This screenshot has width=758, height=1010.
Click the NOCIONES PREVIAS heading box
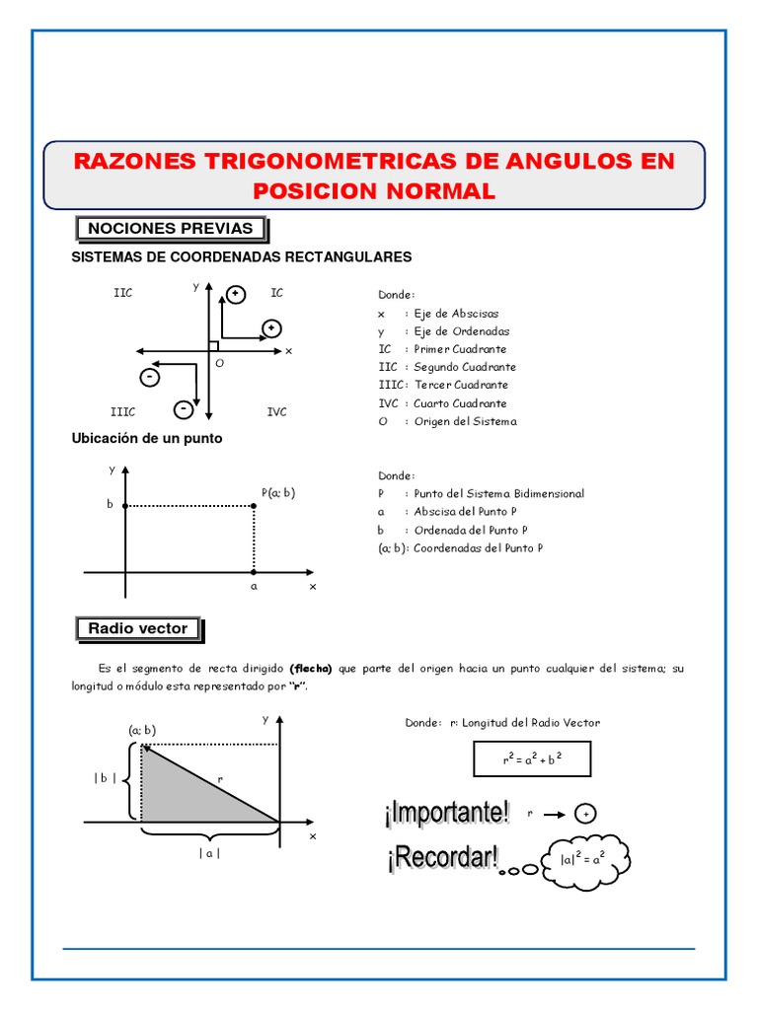(x=171, y=229)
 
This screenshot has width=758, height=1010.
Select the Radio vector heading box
(x=138, y=628)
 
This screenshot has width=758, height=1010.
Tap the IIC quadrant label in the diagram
(x=123, y=293)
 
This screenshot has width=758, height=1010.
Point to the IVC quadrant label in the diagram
(x=276, y=411)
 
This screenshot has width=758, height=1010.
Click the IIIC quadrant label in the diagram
(x=122, y=411)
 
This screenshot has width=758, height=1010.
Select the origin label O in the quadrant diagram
(x=219, y=363)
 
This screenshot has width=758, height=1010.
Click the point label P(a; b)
(x=278, y=492)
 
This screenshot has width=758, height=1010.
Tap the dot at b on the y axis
(x=125, y=505)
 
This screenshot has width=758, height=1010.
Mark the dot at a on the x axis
(x=254, y=572)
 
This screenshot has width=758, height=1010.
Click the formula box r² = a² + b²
(x=532, y=760)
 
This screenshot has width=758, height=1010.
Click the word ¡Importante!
(x=447, y=814)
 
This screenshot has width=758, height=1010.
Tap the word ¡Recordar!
(x=441, y=858)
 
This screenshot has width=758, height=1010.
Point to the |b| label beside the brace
(x=106, y=778)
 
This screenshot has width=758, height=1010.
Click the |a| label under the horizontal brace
(x=209, y=854)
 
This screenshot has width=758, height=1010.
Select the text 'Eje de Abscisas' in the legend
(x=456, y=314)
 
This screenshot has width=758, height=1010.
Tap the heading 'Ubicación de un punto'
(x=147, y=439)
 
